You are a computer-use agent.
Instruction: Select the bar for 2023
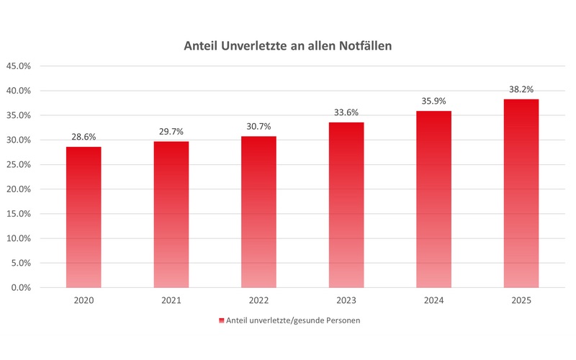coord(346,205)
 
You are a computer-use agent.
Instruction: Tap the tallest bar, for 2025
coord(521,194)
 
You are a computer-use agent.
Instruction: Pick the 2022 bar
coord(258,212)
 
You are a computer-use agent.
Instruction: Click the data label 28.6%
coord(84,137)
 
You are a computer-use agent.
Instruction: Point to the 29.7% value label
coord(171,131)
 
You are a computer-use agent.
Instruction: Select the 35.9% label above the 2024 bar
coord(433,101)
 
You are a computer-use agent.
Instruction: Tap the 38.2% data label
coord(521,89)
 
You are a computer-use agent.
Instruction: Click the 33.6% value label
coord(346,112)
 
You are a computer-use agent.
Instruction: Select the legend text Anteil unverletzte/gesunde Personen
coord(293,320)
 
